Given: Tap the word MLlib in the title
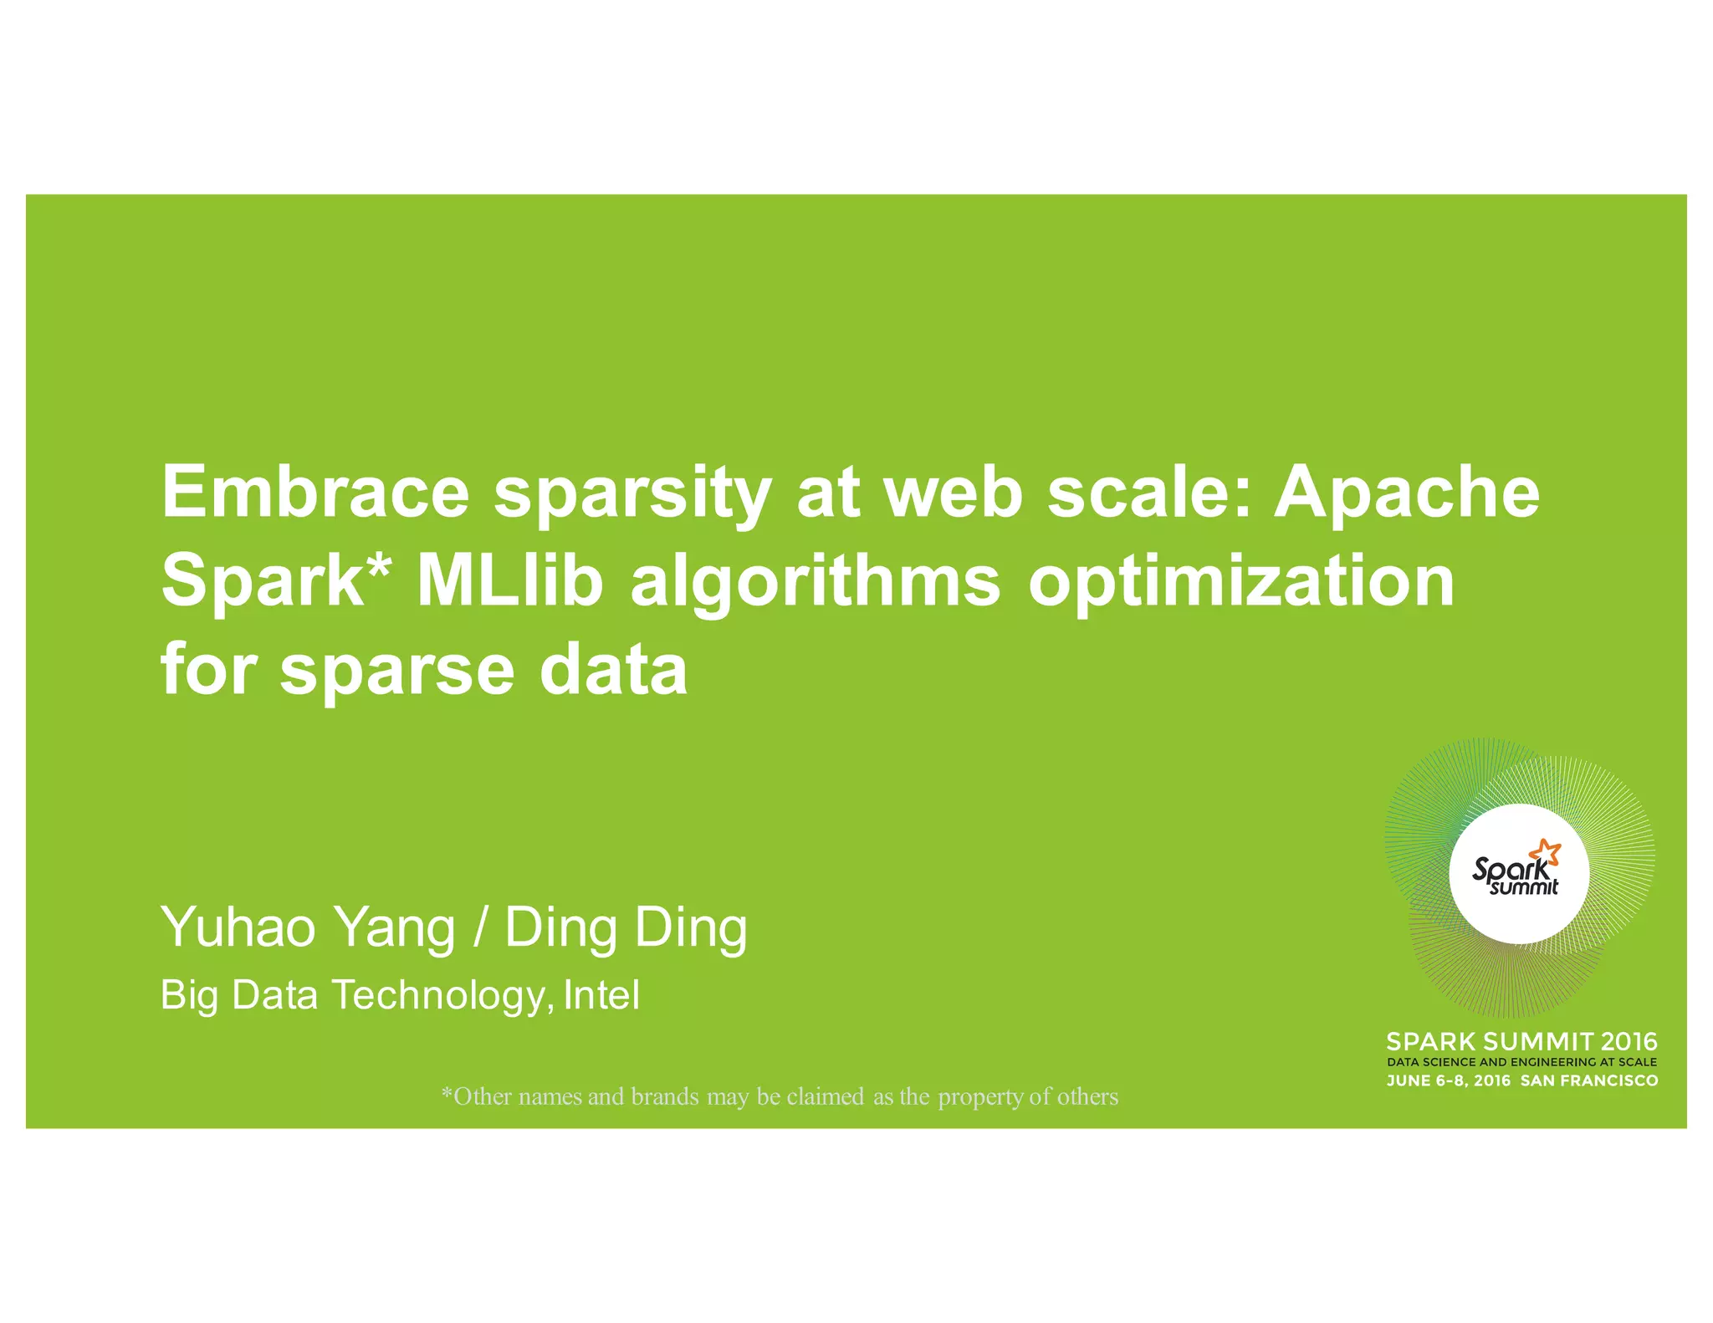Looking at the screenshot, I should click(509, 580).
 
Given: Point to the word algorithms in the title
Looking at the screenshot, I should click(816, 584).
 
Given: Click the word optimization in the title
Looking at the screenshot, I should click(1241, 584).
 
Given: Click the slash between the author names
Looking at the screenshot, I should click(480, 927).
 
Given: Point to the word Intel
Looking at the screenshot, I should click(601, 995).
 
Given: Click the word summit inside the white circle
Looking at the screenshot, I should click(1524, 887).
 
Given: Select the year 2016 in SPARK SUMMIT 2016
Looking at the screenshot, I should click(1627, 1042).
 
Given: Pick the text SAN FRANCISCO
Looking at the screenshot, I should click(1588, 1080).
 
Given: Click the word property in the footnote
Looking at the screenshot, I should click(980, 1097).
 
